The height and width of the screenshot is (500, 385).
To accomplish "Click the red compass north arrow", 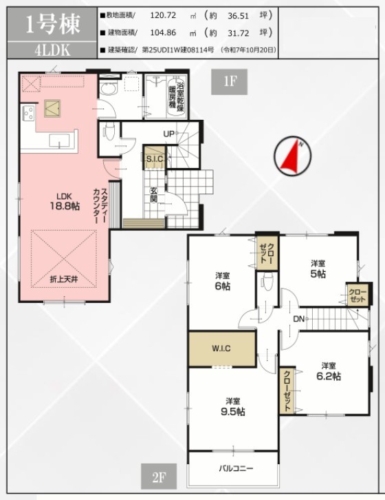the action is coord(291,156).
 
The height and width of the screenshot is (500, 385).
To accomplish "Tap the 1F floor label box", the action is coord(229,82).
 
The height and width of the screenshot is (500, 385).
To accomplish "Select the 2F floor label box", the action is coord(159,477).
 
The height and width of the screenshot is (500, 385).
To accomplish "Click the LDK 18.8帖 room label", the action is coord(65,202).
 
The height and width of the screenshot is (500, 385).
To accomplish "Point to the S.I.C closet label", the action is coord(155,158).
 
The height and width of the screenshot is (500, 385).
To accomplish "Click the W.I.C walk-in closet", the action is coord(222,349).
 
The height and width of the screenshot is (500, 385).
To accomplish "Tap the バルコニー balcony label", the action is coord(236,468).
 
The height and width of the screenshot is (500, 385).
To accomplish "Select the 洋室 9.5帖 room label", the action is coord(233,407).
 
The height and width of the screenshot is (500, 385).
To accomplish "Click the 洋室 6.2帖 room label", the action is coord(329,371).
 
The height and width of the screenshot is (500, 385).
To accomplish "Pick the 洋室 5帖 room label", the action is coord(318,269).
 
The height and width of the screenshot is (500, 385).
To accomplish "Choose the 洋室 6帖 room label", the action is coord(223,281).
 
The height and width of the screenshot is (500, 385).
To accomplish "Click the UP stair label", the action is coord(168,134).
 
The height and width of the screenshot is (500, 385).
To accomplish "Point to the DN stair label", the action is coord(298,319).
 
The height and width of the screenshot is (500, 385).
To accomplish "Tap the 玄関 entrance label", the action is coord(154,195).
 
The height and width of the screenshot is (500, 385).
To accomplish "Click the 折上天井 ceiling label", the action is coord(64,280).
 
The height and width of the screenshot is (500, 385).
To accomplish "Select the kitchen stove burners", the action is coord(28,114).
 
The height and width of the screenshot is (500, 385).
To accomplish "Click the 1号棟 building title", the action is coord(52,25).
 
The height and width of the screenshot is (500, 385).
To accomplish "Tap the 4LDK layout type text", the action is coord(52,50).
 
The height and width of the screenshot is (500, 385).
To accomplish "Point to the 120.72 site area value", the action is coord(163,15).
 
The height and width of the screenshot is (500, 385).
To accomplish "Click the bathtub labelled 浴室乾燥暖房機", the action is coord(177,96).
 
